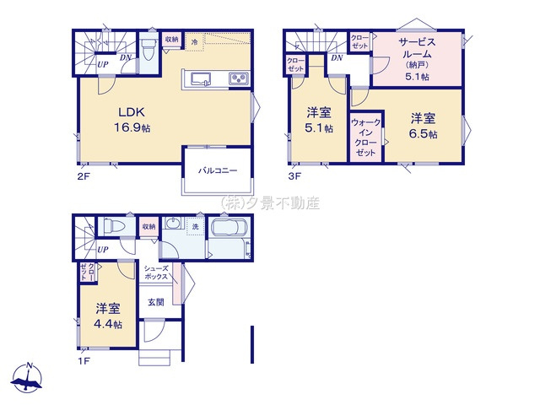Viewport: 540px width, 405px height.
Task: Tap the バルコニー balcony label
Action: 219,170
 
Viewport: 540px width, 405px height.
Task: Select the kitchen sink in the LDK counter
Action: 202,80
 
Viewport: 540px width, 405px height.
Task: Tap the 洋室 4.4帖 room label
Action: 108,315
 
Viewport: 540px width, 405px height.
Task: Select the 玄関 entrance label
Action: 156,302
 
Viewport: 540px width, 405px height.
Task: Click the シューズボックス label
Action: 156,272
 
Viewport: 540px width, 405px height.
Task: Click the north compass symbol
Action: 29,379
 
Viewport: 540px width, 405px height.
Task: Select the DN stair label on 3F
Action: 337,57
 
